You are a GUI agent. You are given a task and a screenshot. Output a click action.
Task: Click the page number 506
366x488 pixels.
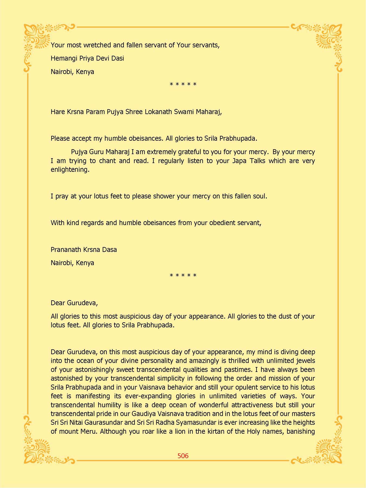[x=183, y=456]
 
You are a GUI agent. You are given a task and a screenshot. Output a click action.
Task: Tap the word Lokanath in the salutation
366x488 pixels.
[x=157, y=112]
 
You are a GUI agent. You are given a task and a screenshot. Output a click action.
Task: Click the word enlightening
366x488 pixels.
[x=70, y=170]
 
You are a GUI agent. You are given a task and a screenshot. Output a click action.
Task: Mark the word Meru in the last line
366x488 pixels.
[x=89, y=431]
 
